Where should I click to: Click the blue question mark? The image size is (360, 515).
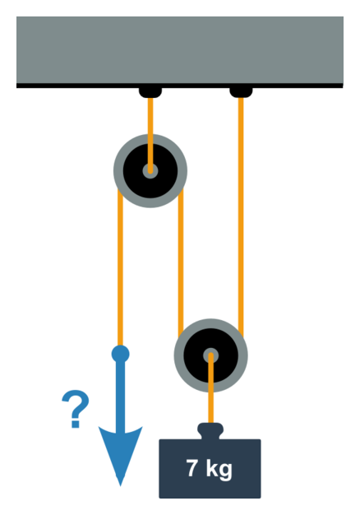point(76,409)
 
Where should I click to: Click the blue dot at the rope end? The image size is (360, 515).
point(121,354)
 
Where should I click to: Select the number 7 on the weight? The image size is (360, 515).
point(192,468)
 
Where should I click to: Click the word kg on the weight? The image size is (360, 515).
point(219,470)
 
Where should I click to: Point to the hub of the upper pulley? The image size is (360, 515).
point(150,171)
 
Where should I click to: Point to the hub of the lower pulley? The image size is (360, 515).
point(210,355)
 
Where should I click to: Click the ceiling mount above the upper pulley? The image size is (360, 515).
point(150,92)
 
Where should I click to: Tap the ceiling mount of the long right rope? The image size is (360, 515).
point(241,92)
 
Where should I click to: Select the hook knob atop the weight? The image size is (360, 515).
point(210,430)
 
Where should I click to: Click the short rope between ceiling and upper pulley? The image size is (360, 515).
point(150,135)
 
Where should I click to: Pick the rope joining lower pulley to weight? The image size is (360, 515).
point(210,388)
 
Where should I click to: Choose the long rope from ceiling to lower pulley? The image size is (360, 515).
point(241,216)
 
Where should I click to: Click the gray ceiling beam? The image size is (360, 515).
point(180,50)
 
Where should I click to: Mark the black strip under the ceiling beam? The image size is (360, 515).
point(180,86)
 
